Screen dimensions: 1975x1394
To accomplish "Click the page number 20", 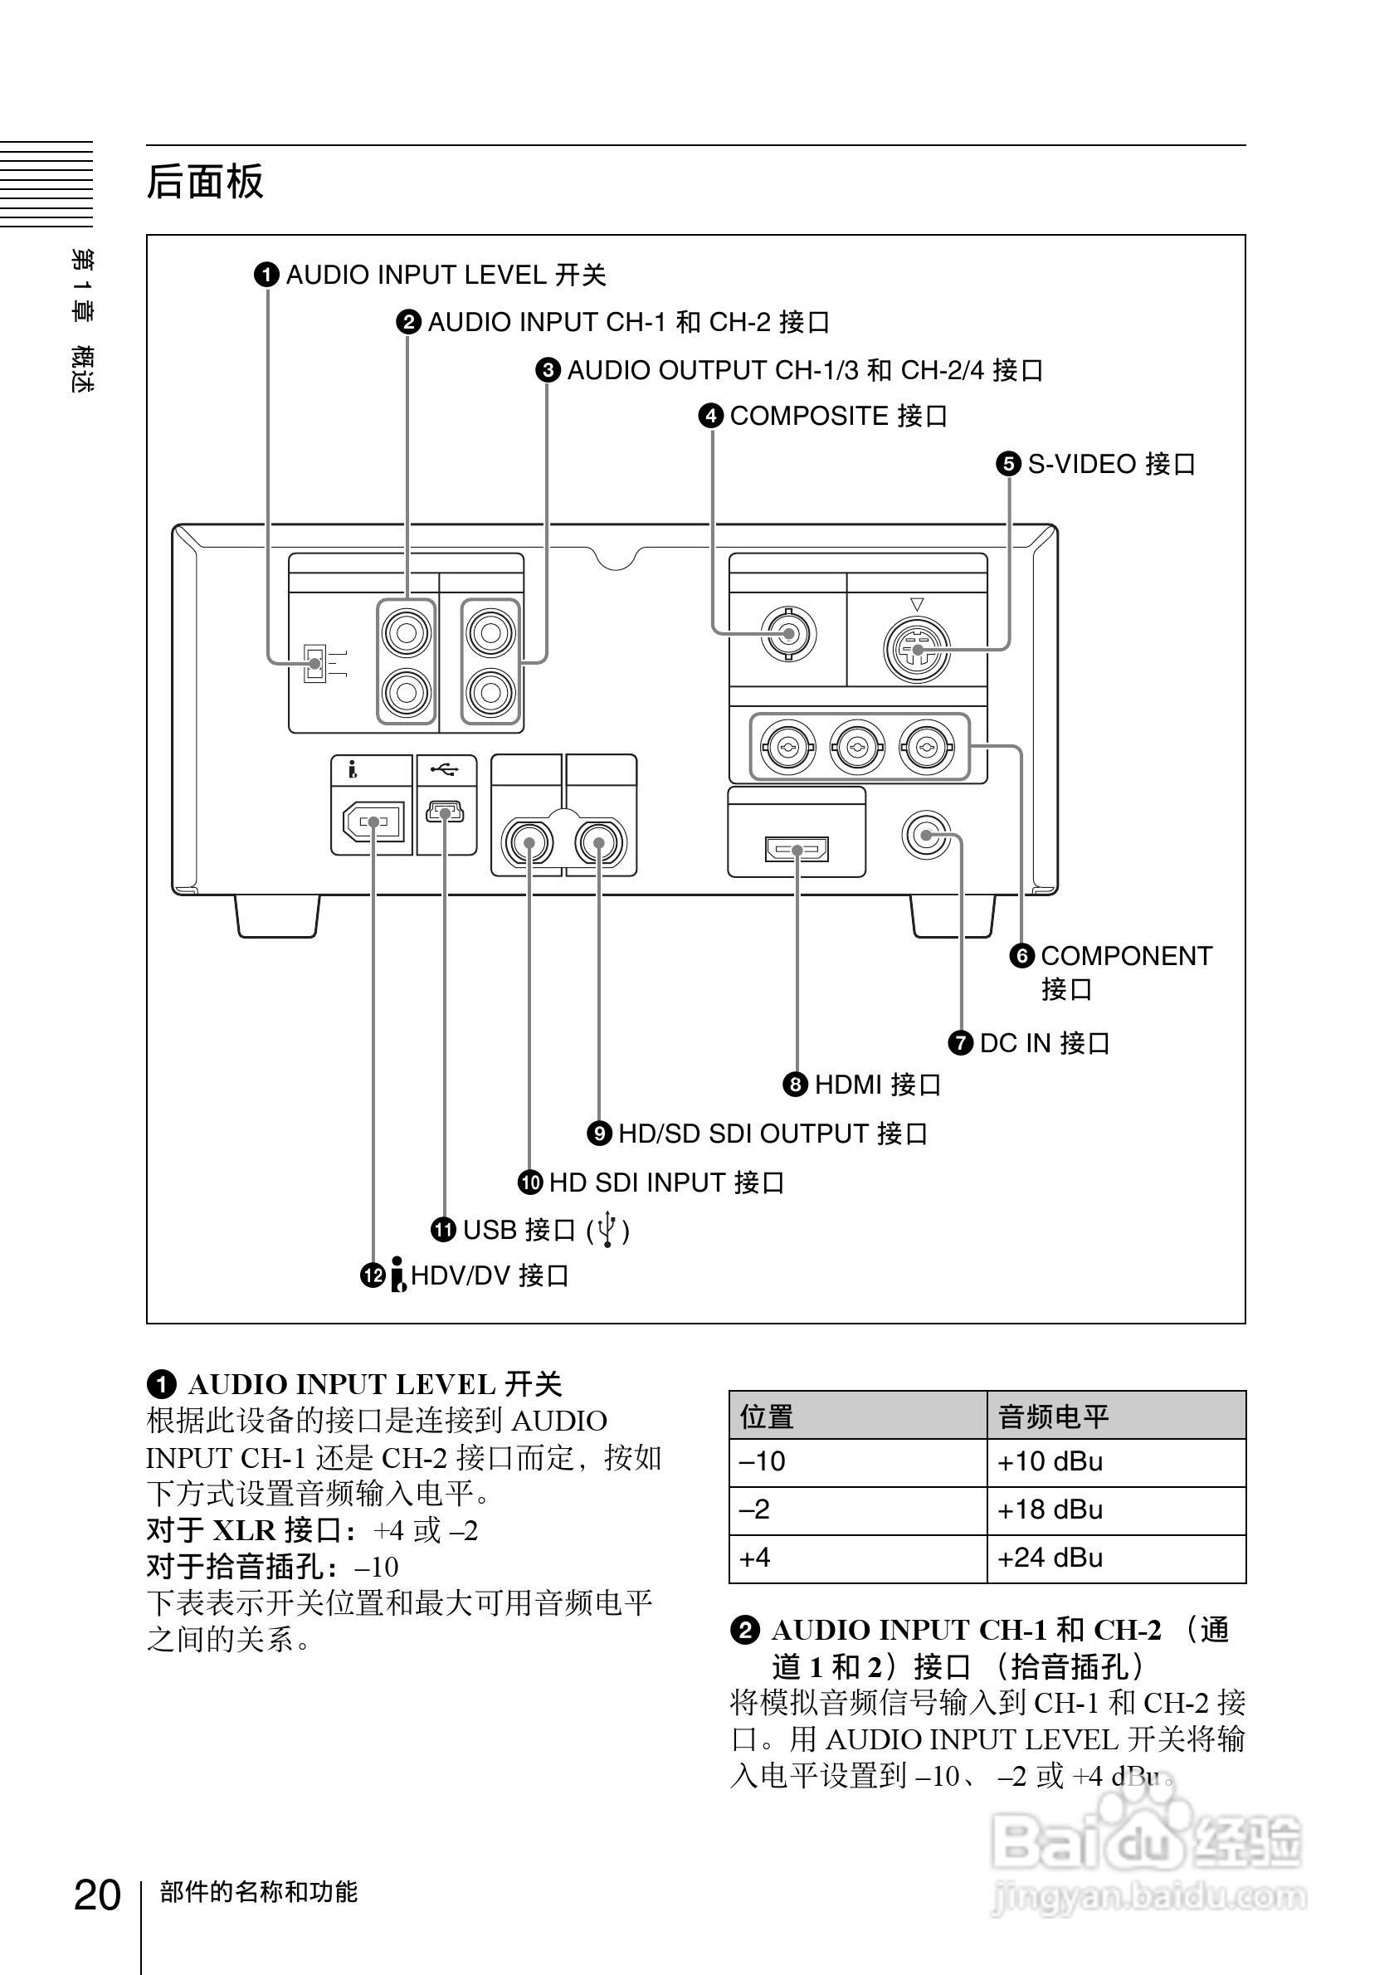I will (97, 1895).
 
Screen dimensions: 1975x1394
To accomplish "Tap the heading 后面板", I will (205, 182).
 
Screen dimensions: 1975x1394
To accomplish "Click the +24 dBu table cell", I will (1049, 1558).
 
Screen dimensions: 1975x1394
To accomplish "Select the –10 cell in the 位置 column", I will (763, 1461).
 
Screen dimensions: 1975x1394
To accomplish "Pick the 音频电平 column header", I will (1054, 1416).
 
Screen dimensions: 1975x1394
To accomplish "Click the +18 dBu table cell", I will (1049, 1509).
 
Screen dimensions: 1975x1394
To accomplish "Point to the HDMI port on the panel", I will (797, 850).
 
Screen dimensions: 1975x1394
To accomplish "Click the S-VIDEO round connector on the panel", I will (918, 650).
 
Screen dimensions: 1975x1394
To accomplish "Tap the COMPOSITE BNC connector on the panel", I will (787, 635).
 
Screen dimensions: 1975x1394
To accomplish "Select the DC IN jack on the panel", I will (926, 834).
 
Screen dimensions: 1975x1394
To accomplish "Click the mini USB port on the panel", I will (445, 812).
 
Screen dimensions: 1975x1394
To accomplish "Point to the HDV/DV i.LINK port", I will (373, 822).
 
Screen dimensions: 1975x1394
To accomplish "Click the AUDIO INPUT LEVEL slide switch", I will (314, 663).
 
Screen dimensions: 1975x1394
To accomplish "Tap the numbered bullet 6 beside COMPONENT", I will (1021, 956).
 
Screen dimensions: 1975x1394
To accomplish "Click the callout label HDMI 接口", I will (877, 1085).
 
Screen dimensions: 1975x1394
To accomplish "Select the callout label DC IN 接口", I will (1044, 1042).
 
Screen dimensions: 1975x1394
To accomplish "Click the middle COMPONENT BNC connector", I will (857, 748).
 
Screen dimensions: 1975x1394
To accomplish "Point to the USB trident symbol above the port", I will (445, 768).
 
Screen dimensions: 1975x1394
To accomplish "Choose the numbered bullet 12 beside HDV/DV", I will (373, 1275).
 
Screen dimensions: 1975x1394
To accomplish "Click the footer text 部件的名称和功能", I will (258, 1891).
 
